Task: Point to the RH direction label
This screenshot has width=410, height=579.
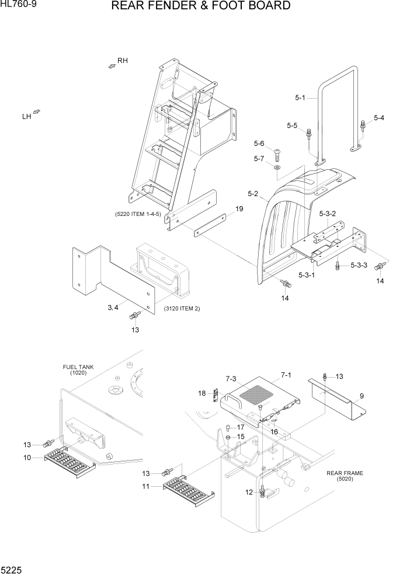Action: tap(122, 61)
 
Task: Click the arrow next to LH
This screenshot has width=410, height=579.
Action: tap(37, 111)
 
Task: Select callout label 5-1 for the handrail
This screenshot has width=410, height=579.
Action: tap(300, 97)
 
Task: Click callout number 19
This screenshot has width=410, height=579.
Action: tap(239, 209)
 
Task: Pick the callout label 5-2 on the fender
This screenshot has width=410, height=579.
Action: tap(253, 193)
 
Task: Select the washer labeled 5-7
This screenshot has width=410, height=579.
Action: tap(277, 169)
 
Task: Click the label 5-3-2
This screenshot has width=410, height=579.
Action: tap(327, 214)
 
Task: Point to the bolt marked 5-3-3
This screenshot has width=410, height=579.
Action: tap(339, 266)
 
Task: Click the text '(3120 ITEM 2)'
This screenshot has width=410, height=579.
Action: tap(182, 308)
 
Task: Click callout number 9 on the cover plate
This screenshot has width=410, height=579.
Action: tap(362, 396)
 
